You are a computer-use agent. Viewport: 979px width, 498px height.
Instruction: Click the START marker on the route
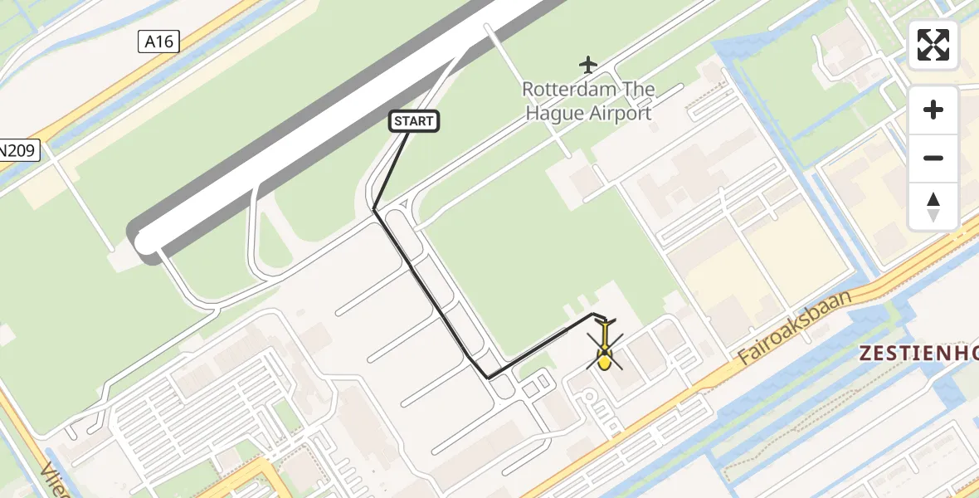[x=414, y=121]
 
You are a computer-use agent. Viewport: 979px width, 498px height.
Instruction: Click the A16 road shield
[x=158, y=41]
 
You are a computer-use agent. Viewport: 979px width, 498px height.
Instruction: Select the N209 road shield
[x=18, y=151]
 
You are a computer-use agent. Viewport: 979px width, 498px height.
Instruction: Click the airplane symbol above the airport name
[x=588, y=64]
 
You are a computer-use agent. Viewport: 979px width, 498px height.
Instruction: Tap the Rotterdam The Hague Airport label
[x=588, y=101]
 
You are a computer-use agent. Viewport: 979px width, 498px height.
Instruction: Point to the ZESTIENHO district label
[x=918, y=353]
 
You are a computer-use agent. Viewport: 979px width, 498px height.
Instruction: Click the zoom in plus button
[x=933, y=110]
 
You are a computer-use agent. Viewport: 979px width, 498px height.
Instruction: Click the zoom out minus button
[x=933, y=158]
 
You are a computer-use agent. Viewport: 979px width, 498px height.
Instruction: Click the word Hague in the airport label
[x=554, y=114]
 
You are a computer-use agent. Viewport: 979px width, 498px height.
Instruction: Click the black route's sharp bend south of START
[x=374, y=209]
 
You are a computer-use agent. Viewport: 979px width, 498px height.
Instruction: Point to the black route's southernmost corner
[x=489, y=378]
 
